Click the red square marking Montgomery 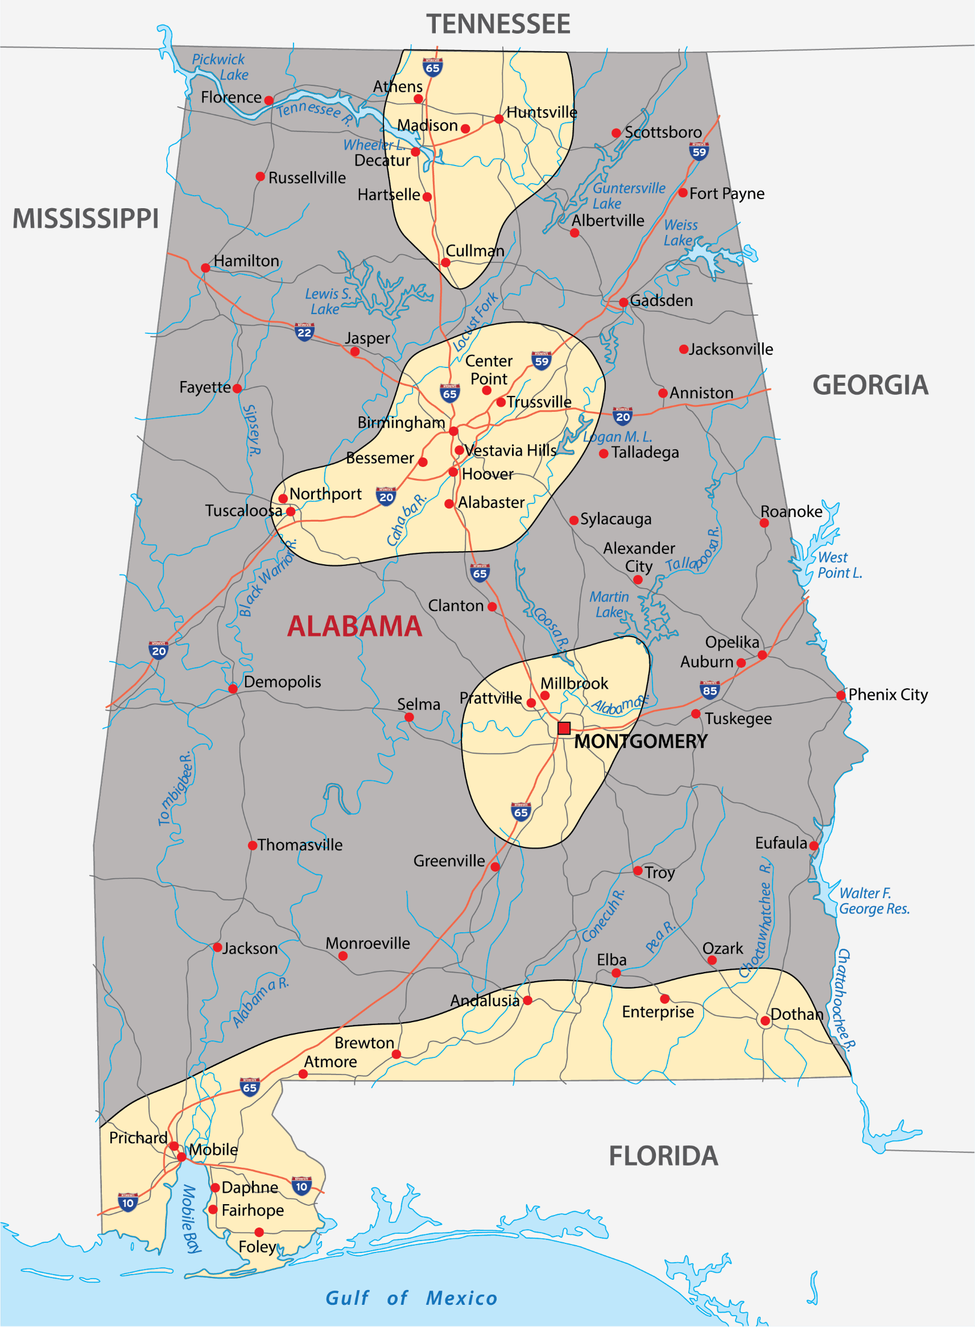point(564,727)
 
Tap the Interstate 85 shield point(709,689)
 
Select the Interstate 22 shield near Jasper point(304,332)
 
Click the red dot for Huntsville point(499,119)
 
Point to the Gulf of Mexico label point(411,1297)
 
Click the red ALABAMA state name point(354,626)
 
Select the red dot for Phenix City point(841,696)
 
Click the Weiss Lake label point(680,233)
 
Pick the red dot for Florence point(268,100)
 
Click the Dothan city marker point(765,1021)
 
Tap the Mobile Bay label point(190,1218)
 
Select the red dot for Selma point(409,717)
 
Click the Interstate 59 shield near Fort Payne point(699,152)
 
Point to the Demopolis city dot point(233,689)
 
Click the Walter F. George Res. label point(874,901)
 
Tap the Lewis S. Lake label point(328,301)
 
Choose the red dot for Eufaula point(814,846)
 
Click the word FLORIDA point(663,1156)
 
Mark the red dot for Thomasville point(252,846)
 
